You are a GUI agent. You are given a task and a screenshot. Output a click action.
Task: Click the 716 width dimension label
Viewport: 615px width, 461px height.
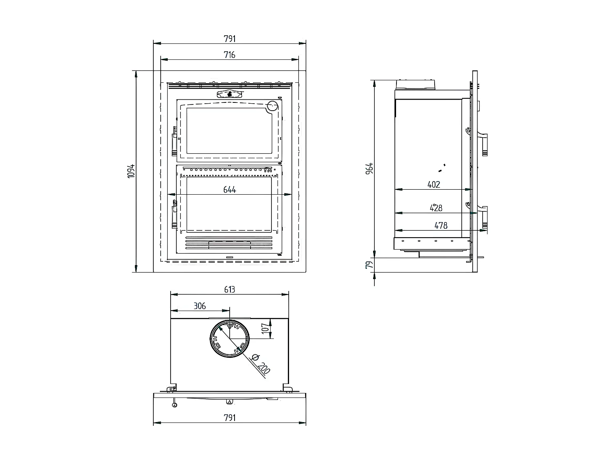230,55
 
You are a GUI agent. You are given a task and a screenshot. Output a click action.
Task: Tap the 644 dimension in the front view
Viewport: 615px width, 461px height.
230,189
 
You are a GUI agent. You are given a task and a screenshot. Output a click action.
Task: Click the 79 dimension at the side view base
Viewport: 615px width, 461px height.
370,265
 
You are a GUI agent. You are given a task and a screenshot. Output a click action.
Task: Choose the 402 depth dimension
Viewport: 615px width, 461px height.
433,184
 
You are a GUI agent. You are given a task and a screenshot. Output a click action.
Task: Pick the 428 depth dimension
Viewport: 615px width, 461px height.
436,208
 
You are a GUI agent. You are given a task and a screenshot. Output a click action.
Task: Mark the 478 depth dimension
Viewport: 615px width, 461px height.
441,225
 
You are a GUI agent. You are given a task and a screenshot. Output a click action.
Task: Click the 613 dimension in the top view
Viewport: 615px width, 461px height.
230,289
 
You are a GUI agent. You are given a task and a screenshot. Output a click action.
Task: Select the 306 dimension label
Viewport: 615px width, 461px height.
200,306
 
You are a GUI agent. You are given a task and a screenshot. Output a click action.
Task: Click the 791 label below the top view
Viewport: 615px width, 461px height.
230,417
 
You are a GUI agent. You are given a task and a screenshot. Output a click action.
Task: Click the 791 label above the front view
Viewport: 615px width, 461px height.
230,39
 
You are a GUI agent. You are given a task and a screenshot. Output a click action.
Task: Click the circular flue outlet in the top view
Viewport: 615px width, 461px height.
230,339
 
